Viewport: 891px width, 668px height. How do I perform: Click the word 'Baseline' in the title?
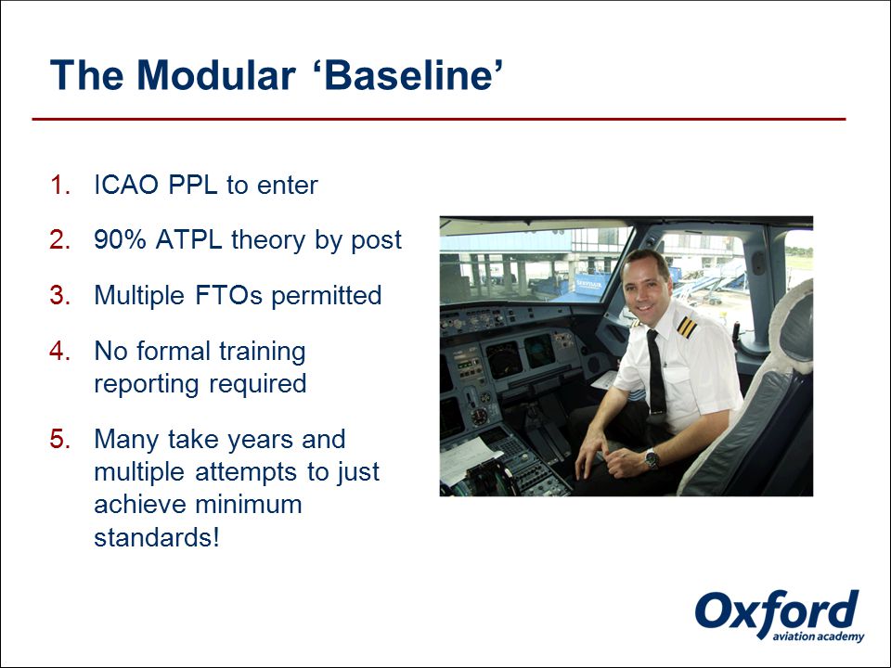[x=407, y=75]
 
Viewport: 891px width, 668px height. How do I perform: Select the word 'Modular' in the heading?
[x=216, y=75]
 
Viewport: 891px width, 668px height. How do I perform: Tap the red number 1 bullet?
[x=60, y=186]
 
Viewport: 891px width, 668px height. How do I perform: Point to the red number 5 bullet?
[x=60, y=439]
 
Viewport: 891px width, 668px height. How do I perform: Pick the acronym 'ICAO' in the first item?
[x=125, y=186]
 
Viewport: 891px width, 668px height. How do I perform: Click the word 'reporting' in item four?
[x=146, y=384]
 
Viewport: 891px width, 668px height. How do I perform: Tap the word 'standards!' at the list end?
[x=157, y=537]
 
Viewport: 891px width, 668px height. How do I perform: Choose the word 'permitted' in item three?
[x=326, y=296]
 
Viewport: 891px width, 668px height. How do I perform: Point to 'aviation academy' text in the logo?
[x=819, y=636]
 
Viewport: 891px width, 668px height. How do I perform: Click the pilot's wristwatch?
[x=652, y=457]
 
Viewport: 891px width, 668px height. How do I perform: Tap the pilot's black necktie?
[x=656, y=375]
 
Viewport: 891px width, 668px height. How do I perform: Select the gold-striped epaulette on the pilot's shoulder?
[x=687, y=328]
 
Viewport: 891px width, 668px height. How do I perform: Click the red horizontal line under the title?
[x=439, y=120]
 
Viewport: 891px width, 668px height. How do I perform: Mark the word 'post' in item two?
[x=376, y=241]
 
